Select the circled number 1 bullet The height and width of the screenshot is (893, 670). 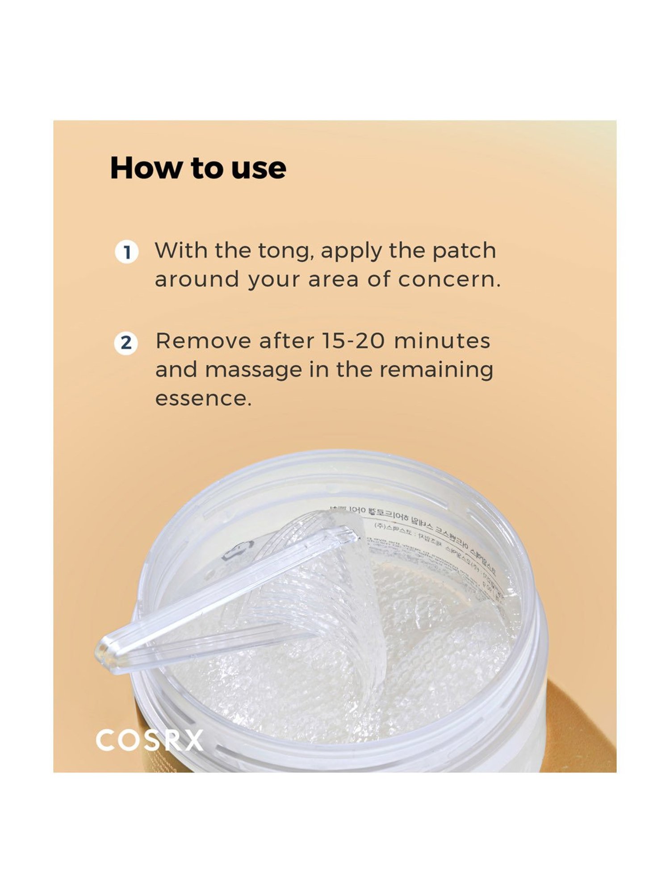(127, 252)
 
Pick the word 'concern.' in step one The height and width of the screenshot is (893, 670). (449, 280)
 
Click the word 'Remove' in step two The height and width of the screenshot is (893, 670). (203, 341)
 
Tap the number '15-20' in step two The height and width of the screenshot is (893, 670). (353, 341)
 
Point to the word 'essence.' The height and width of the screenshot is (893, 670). (203, 398)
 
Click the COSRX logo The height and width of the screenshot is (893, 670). (150, 741)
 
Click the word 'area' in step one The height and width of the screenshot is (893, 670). (333, 280)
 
